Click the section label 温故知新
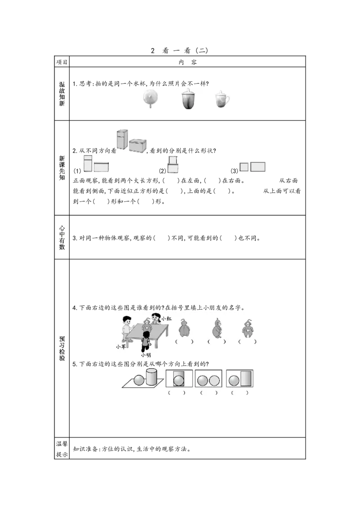[x=63, y=94]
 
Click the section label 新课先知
[x=63, y=168]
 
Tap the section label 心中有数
[x=63, y=237]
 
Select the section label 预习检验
[x=63, y=348]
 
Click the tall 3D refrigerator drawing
[x=121, y=140]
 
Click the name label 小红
[x=166, y=318]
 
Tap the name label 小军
[x=121, y=347]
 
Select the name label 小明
[x=146, y=355]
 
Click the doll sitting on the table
[x=146, y=325]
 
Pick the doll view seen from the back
[x=184, y=329]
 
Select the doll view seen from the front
[x=247, y=328]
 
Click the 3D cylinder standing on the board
[x=151, y=376]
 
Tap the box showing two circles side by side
[x=208, y=379]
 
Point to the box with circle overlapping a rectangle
[x=179, y=379]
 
